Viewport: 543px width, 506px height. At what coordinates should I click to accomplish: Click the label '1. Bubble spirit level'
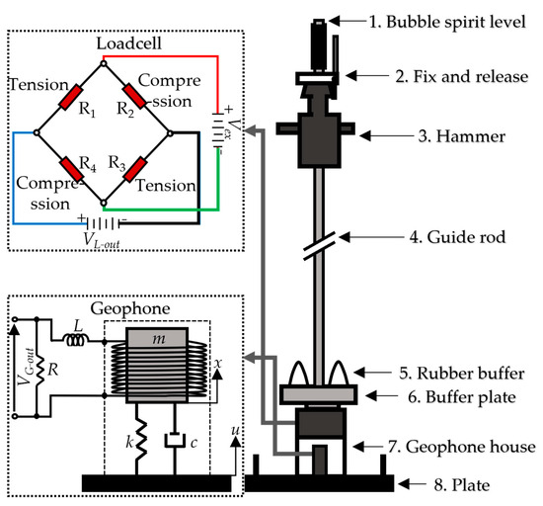[x=443, y=20]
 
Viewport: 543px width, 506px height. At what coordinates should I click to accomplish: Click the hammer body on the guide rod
[x=321, y=133]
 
